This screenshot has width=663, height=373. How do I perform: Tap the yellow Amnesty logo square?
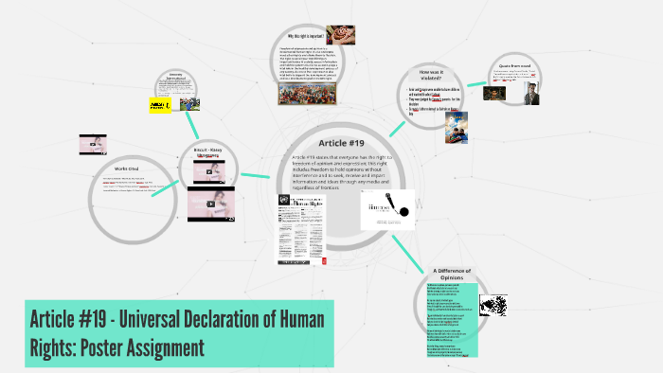159,105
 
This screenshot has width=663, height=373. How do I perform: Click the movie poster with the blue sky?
456,127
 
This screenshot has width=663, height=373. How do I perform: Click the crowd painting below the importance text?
311,93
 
